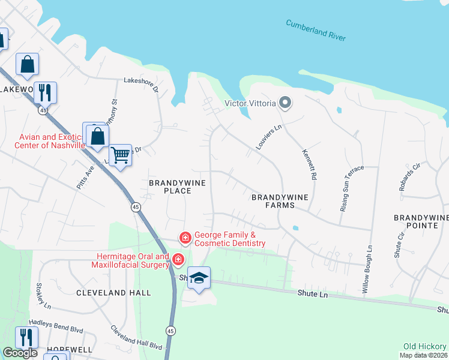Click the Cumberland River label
pos(316,30)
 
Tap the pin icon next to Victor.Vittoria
pos(285,103)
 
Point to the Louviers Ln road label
pos(268,137)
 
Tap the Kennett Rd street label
pos(309,164)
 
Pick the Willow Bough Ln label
pos(367,269)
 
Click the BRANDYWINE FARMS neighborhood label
pos(273,200)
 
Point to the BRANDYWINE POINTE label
pos(421,221)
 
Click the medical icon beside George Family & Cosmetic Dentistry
pos(185,238)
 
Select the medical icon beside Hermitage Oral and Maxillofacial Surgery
pos(178,260)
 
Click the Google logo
pos(20,353)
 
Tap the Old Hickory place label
pos(425,346)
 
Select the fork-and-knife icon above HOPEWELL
pos(25,337)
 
